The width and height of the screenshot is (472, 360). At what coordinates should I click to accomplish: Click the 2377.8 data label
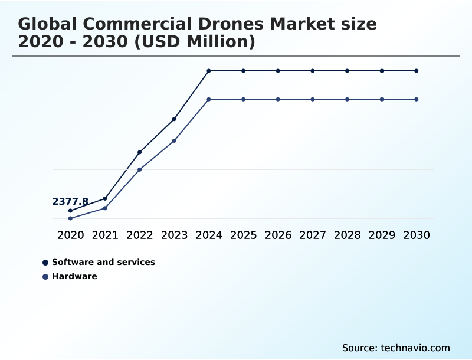pyautogui.click(x=70, y=202)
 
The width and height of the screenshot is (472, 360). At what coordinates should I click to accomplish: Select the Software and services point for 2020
pyautogui.click(x=71, y=211)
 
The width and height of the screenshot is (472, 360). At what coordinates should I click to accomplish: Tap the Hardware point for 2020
pyautogui.click(x=71, y=218)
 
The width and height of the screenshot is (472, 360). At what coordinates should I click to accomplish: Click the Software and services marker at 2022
pyautogui.click(x=140, y=152)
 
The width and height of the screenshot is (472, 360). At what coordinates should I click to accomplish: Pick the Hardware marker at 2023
pyautogui.click(x=174, y=140)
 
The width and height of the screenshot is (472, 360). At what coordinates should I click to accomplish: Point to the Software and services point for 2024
pyautogui.click(x=209, y=71)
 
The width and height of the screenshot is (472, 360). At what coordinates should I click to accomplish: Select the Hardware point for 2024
pyautogui.click(x=209, y=99)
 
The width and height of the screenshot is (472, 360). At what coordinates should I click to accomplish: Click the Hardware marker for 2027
pyautogui.click(x=313, y=99)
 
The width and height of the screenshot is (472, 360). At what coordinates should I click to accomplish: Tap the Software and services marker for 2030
pyautogui.click(x=416, y=71)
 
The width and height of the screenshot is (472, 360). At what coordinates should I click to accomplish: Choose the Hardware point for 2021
pyautogui.click(x=105, y=208)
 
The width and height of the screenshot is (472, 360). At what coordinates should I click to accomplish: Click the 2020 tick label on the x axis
pyautogui.click(x=71, y=235)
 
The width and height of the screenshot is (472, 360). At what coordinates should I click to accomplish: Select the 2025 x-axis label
pyautogui.click(x=243, y=235)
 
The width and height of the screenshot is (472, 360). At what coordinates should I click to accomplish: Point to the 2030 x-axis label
pyautogui.click(x=416, y=235)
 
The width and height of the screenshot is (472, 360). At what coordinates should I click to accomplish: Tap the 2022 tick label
pyautogui.click(x=140, y=235)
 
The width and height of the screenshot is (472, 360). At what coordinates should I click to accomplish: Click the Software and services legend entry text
pyautogui.click(x=103, y=262)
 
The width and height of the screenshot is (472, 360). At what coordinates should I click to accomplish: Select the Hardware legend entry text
pyautogui.click(x=74, y=276)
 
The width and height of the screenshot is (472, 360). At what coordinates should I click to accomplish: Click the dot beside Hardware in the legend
pyautogui.click(x=45, y=276)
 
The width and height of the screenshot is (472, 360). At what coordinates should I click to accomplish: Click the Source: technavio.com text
pyautogui.click(x=396, y=348)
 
